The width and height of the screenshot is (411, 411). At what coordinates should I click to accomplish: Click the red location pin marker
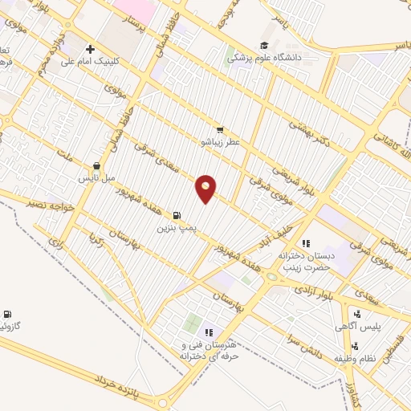[x=206, y=188]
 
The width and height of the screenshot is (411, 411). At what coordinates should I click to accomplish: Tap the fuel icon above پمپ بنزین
[x=176, y=215]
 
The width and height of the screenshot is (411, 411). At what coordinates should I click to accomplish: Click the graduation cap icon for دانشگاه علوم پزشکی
[x=263, y=46]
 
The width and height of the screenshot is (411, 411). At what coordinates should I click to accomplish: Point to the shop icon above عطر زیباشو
[x=219, y=129]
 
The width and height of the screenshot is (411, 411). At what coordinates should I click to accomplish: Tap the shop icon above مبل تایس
[x=97, y=165]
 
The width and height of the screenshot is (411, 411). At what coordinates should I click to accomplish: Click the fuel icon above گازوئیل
[x=8, y=314]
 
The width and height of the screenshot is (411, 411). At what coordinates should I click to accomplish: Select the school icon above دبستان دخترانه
[x=305, y=242]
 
